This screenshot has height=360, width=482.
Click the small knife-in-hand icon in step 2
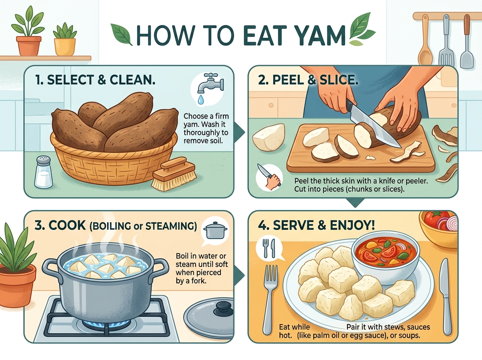pos(269,177)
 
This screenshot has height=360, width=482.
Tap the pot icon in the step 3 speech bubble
pos(215,230)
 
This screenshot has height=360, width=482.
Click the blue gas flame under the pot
pos(107,323)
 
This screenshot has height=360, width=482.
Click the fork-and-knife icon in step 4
pos(270,248)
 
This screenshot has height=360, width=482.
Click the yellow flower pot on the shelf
pos(65,47)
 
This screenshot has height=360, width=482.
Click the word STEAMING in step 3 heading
pos(171,226)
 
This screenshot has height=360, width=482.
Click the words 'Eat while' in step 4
pos(294,327)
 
